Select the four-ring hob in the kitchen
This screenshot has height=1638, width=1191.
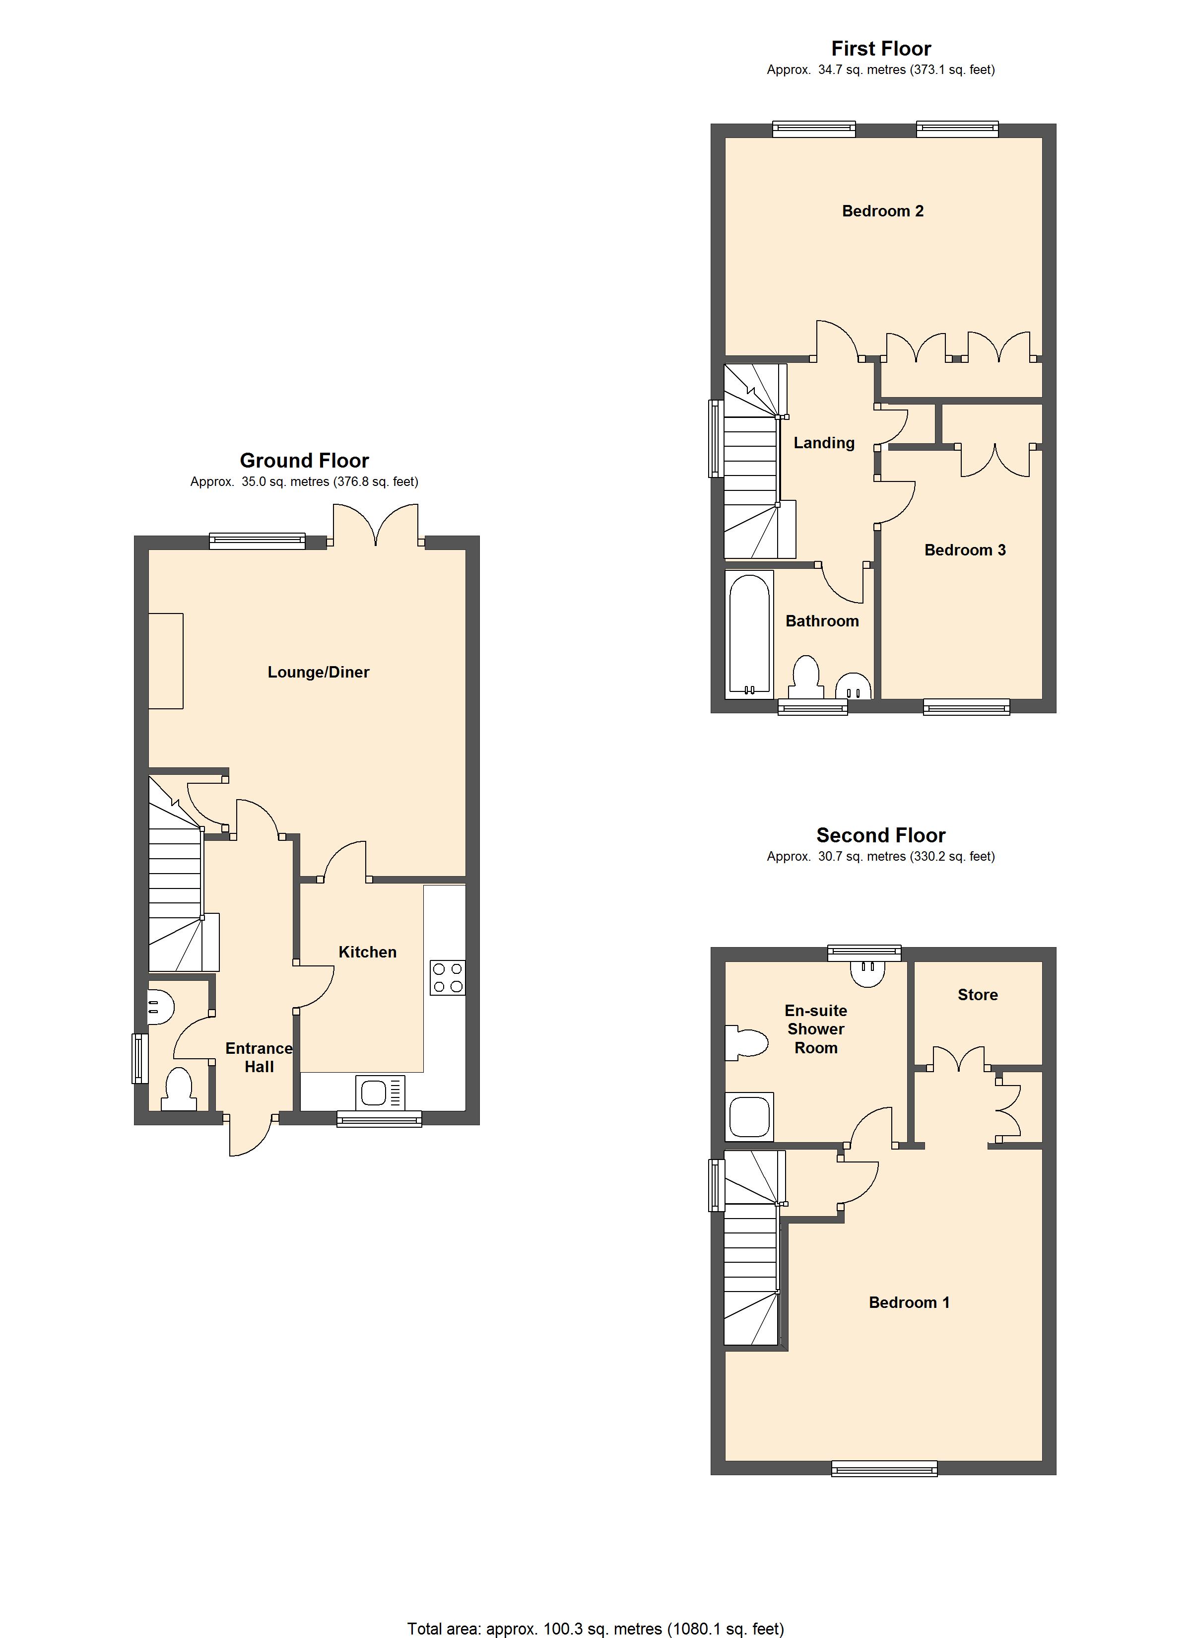(x=447, y=978)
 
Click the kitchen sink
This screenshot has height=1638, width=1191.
(x=380, y=1092)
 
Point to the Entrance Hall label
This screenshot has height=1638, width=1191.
(x=259, y=1057)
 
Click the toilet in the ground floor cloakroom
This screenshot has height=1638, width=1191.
(x=178, y=1091)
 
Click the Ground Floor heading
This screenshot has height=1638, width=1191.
(x=304, y=461)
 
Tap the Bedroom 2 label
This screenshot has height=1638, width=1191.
(x=883, y=211)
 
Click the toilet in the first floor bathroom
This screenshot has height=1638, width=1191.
(x=805, y=675)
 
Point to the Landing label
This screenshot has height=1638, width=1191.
(x=824, y=443)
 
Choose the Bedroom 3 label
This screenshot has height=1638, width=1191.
(x=965, y=550)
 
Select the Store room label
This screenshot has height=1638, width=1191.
(x=977, y=995)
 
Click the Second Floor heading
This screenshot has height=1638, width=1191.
(x=880, y=835)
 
